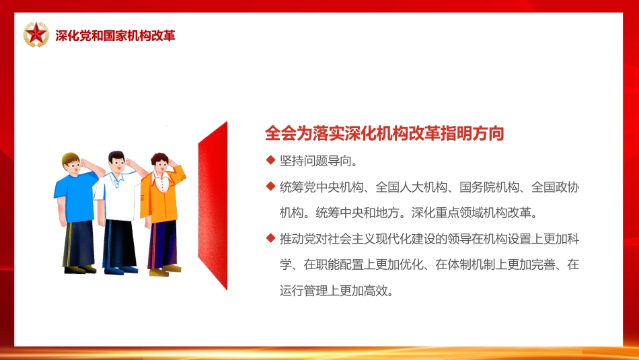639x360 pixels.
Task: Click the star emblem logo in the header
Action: [36, 34]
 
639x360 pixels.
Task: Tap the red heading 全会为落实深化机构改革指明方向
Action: [384, 133]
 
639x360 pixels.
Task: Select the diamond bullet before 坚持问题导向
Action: [270, 161]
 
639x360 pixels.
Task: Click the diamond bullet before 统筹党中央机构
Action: [270, 187]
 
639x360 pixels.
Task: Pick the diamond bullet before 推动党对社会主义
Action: [270, 238]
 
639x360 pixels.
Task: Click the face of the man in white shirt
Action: [117, 164]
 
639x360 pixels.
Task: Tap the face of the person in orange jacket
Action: [160, 165]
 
